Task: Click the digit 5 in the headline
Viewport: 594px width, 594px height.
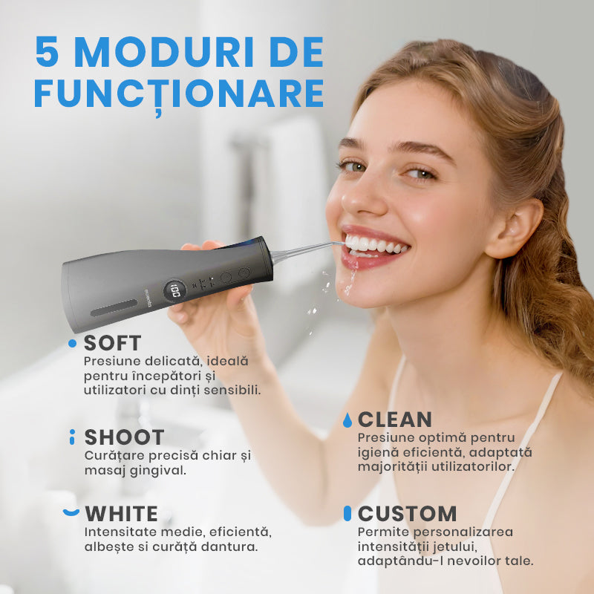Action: [47, 51]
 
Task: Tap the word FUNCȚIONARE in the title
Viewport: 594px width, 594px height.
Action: [179, 94]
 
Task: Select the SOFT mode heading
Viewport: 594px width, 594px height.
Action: [112, 343]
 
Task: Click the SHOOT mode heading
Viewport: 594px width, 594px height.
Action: [124, 437]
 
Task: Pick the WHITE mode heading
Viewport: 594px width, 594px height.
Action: [121, 514]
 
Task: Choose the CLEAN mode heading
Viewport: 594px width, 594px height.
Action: [395, 420]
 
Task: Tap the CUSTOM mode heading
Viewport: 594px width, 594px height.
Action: [407, 514]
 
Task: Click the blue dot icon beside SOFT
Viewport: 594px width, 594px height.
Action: [72, 343]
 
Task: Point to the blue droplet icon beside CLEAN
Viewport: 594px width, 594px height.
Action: [347, 420]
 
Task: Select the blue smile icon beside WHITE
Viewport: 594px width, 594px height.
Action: [71, 512]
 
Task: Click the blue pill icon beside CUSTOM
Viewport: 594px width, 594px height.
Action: [347, 513]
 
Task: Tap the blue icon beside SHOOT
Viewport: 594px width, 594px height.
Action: [72, 437]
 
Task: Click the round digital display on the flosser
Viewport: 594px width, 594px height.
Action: [174, 291]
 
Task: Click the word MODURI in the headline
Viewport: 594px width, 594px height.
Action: [165, 51]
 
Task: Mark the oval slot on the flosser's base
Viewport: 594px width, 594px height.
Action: [114, 307]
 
